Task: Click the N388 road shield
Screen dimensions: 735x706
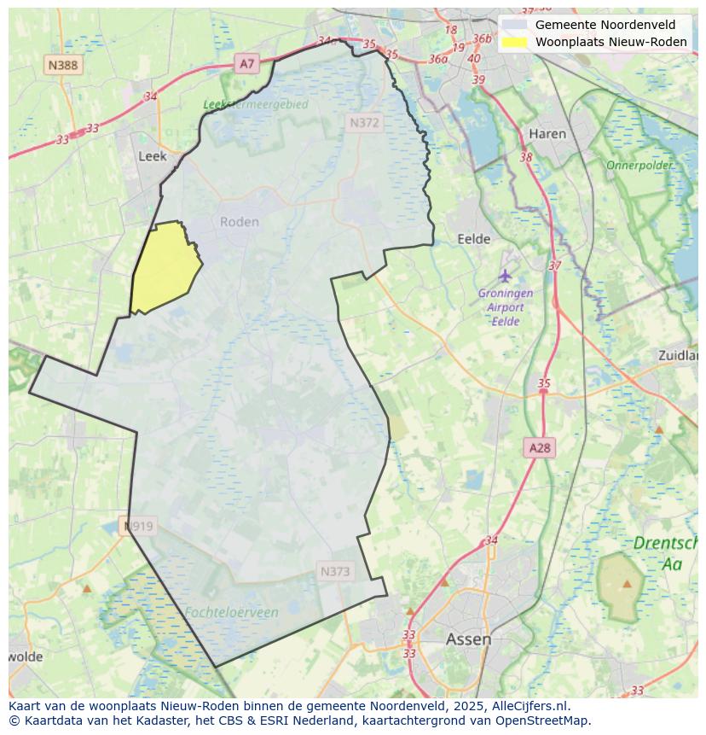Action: [x=63, y=65]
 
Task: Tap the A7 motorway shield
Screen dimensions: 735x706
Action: [x=247, y=63]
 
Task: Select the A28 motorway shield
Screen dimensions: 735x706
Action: [x=540, y=448]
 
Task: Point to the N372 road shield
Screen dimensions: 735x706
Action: [x=364, y=123]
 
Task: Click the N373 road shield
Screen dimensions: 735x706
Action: [x=335, y=572]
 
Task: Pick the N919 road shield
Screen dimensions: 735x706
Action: [x=138, y=526]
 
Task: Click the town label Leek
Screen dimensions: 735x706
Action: [x=152, y=156]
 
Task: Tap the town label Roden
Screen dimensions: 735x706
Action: [x=239, y=222]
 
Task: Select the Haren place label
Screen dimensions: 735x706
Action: [x=547, y=134]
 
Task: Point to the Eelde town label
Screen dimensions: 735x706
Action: [x=474, y=239]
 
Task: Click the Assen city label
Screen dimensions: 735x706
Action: [x=468, y=639]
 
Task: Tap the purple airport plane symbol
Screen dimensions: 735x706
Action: [x=506, y=276]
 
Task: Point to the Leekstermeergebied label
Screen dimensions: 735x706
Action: [x=255, y=104]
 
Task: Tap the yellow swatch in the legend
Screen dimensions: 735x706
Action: [x=514, y=42]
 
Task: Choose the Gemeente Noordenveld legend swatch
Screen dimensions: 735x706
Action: [x=514, y=25]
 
